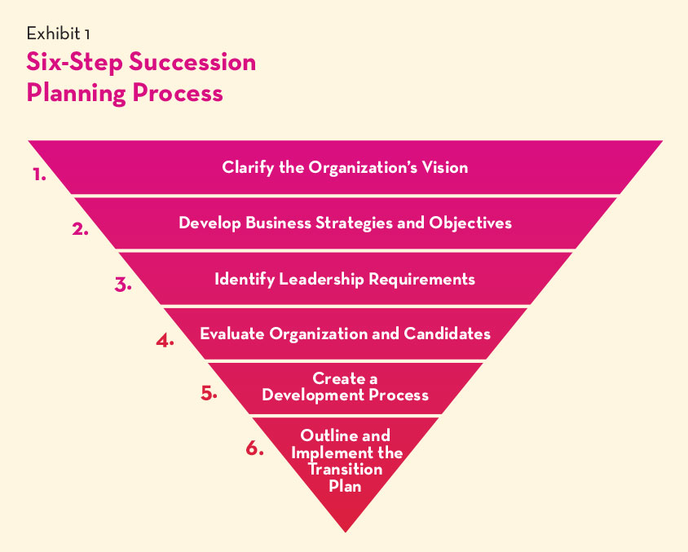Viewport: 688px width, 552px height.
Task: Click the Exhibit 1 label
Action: pos(59,33)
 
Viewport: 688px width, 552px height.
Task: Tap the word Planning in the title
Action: pos(76,94)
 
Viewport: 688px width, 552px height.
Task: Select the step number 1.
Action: pos(39,174)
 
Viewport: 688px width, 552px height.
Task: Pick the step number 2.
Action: pos(81,229)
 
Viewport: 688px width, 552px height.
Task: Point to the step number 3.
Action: pos(123,285)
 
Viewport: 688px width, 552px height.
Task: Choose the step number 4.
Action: pos(165,341)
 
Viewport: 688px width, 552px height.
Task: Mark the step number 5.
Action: pos(209,393)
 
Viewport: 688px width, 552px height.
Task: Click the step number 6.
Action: pos(254,448)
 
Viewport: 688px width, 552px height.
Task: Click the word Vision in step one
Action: pos(445,167)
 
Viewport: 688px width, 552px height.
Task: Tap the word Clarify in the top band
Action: pos(249,168)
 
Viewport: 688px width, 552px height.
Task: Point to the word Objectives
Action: pos(470,223)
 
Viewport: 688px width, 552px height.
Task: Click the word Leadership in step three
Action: pos(322,279)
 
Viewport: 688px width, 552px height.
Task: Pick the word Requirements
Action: pos(422,280)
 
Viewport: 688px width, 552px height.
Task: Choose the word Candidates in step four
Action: pos(447,334)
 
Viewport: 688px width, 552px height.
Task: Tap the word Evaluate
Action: pos(232,334)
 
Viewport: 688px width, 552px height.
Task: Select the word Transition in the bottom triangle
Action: pos(346,470)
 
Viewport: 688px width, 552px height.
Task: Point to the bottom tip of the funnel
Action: pos(346,532)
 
